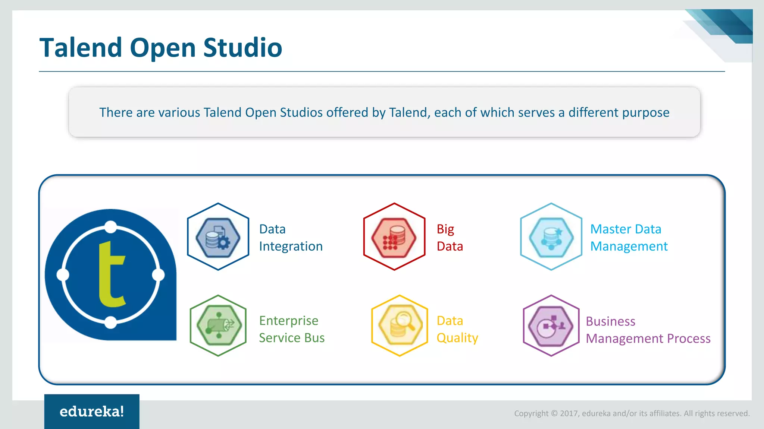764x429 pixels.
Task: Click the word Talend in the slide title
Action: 81,48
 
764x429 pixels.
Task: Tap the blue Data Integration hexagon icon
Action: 218,237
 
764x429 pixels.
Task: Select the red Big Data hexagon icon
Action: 394,237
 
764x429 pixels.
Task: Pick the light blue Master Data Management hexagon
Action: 551,237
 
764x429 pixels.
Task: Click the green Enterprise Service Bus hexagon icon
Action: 218,326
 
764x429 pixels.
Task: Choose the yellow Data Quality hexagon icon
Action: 400,326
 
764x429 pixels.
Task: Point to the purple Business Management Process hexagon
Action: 551,326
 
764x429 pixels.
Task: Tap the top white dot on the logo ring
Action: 110,227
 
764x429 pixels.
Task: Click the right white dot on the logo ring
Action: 159,275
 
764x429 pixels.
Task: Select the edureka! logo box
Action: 92,411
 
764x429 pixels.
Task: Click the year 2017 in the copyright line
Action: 569,413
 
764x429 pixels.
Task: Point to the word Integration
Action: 291,247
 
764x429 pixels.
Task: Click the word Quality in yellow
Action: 457,338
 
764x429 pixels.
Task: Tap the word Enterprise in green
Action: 289,321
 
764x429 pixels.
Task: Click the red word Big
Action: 445,229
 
